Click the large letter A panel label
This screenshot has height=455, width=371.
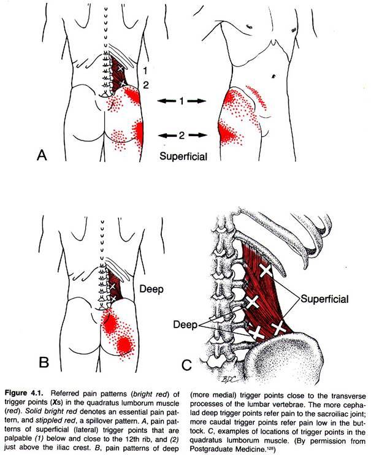tap(42, 155)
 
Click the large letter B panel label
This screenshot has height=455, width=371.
tap(43, 362)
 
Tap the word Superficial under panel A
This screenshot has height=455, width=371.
tap(183, 156)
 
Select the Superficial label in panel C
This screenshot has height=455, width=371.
tap(324, 299)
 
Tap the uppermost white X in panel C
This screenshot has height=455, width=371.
tap(266, 270)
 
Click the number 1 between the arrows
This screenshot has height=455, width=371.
tap(182, 99)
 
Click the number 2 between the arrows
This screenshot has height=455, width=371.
tap(182, 134)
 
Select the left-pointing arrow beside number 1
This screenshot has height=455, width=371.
tap(164, 99)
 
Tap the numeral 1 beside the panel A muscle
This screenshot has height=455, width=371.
tap(145, 71)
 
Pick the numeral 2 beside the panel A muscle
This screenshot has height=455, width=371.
tap(145, 85)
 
